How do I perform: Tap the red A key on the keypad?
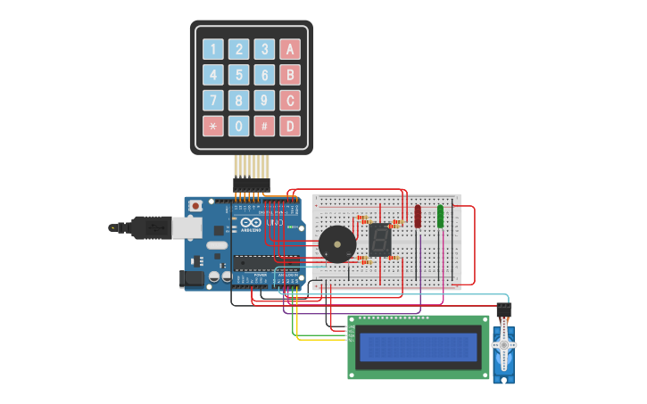click(x=289, y=49)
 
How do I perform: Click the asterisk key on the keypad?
click(x=212, y=126)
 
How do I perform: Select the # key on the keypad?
click(x=264, y=126)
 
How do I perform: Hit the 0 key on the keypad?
click(x=238, y=126)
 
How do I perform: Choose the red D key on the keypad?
click(x=289, y=126)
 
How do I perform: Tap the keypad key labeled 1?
click(x=212, y=49)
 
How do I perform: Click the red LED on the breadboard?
click(x=417, y=216)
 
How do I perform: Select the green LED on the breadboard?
click(x=440, y=216)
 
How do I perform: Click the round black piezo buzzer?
click(x=336, y=243)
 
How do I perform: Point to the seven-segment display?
click(x=380, y=239)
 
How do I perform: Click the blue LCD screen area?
click(x=418, y=347)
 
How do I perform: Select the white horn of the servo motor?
click(x=503, y=344)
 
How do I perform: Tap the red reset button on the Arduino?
click(x=195, y=206)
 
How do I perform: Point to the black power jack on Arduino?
click(x=191, y=279)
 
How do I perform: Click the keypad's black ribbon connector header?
click(x=252, y=185)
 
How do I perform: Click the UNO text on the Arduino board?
click(x=274, y=220)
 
